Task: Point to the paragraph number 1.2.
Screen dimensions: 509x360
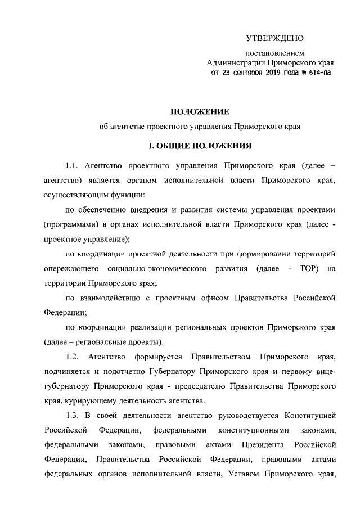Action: [x=73, y=357]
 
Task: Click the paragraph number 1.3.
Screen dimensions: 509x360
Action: [x=73, y=416]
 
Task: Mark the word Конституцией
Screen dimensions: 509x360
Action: [x=310, y=416]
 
